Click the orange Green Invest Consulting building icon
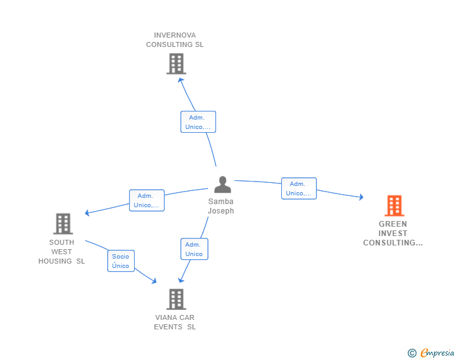tap(395, 205)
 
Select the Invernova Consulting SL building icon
tap(176, 64)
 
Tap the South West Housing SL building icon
tap(63, 224)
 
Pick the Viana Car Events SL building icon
tap(176, 299)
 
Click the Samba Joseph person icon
tap(223, 185)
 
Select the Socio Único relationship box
tap(121, 261)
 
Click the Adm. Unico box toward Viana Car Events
tap(194, 249)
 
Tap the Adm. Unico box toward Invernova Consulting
tap(198, 122)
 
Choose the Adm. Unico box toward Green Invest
tap(299, 188)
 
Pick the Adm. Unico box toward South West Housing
tap(147, 200)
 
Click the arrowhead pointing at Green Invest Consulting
tap(361, 197)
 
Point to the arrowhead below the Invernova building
tap(180, 80)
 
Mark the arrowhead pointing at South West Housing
tap(87, 213)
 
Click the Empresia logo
tap(437, 352)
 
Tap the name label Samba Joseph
tap(220, 206)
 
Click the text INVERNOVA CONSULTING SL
tap(175, 40)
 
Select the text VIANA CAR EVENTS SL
tap(175, 322)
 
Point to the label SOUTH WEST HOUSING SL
tap(61, 252)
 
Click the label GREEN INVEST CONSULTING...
tap(393, 233)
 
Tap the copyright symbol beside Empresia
tap(412, 353)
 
